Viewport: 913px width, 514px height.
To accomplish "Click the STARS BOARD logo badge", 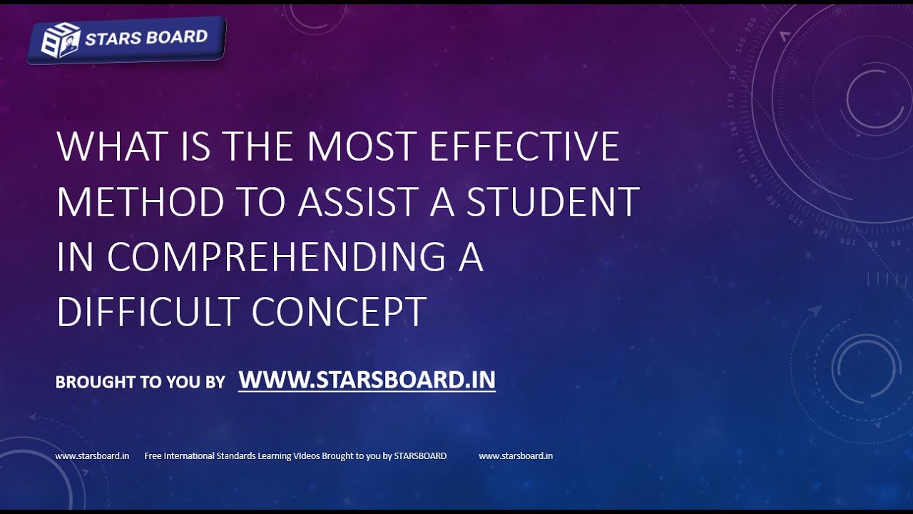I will click(x=127, y=40).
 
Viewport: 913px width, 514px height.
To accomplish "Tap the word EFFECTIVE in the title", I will click(x=524, y=147).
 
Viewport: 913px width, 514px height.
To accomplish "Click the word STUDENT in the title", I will click(x=553, y=202).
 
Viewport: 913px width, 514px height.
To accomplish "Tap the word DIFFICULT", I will click(x=148, y=312).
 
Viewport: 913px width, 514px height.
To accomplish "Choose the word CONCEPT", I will click(x=339, y=312).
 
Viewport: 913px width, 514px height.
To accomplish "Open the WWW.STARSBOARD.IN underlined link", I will click(x=367, y=380).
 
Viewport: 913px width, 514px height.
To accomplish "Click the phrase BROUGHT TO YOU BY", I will click(x=140, y=382).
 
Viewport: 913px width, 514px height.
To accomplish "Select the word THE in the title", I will click(x=258, y=147).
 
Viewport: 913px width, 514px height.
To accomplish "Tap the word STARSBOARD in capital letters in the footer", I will click(x=420, y=456).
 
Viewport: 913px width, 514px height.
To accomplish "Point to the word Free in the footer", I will click(x=153, y=456).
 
